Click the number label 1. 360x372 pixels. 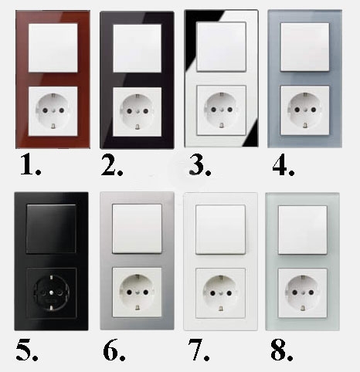pyautogui.click(x=30, y=165)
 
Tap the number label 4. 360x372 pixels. pyautogui.click(x=284, y=165)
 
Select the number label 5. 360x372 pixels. pyautogui.click(x=27, y=350)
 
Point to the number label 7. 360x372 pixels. pyautogui.click(x=199, y=350)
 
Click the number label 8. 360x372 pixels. pyautogui.click(x=282, y=350)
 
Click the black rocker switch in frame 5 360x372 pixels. pyautogui.click(x=51, y=228)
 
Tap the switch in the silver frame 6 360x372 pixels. pyautogui.click(x=137, y=228)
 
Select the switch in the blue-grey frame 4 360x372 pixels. pyautogui.click(x=304, y=47)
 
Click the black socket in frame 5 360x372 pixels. pyautogui.click(x=51, y=293)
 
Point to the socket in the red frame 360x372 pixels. pyautogui.click(x=53, y=111)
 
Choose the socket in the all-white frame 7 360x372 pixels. pyautogui.click(x=220, y=293)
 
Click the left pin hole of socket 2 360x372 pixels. pyautogui.click(x=130, y=111)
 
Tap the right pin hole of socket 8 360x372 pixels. pyautogui.click(x=311, y=293)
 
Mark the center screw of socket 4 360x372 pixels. pyautogui.click(x=305, y=110)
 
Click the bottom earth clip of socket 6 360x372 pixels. pyautogui.click(x=138, y=307)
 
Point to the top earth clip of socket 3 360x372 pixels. pyautogui.click(x=221, y=95)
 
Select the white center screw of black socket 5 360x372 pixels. pyautogui.click(x=51, y=293)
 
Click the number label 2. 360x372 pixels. pyautogui.click(x=111, y=165)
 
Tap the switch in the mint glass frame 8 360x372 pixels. pyautogui.click(x=303, y=230)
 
